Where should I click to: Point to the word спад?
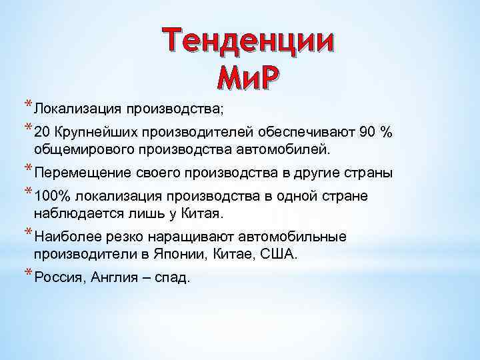tap(173, 278)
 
